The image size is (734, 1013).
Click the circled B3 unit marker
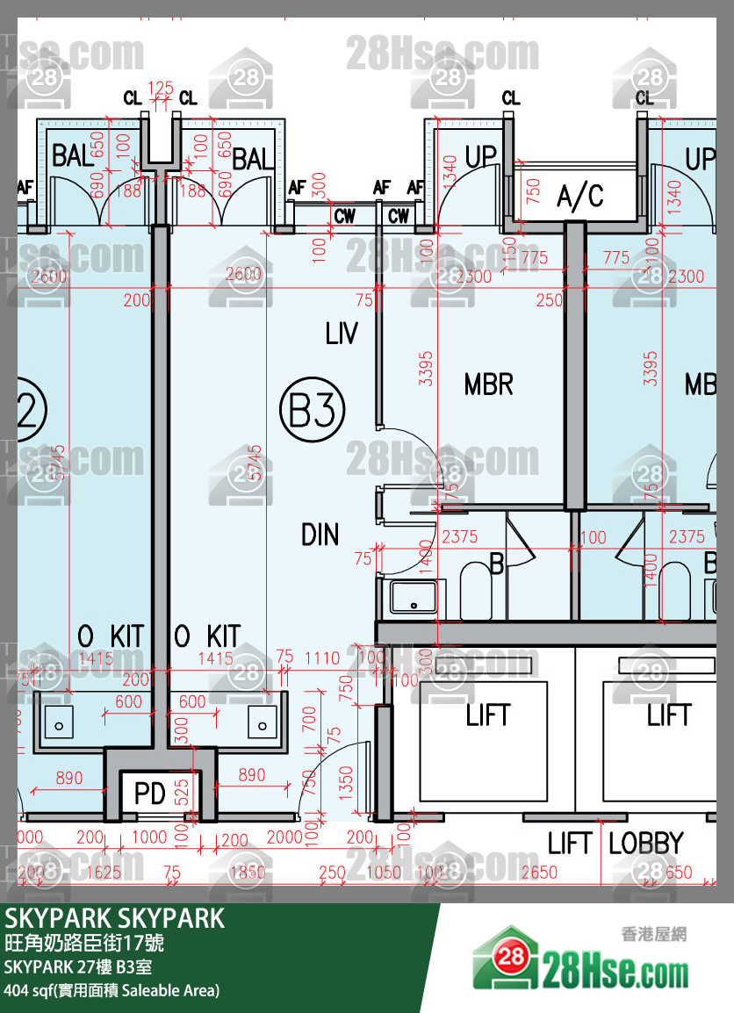312,410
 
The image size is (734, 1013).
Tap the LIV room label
342,334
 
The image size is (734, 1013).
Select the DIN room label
320,535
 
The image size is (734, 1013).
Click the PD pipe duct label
150,794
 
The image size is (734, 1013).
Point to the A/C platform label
580,197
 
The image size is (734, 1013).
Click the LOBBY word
645,844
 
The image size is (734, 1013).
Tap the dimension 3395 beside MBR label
427,369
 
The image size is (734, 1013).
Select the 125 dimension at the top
161,89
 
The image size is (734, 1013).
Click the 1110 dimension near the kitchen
322,657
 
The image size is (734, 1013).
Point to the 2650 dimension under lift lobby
538,873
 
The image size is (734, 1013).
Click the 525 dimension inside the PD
183,794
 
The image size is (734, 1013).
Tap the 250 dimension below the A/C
549,300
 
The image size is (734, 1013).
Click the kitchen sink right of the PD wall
262,724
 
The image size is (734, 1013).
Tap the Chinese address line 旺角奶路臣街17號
84,945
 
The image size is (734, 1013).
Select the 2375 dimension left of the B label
460,536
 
